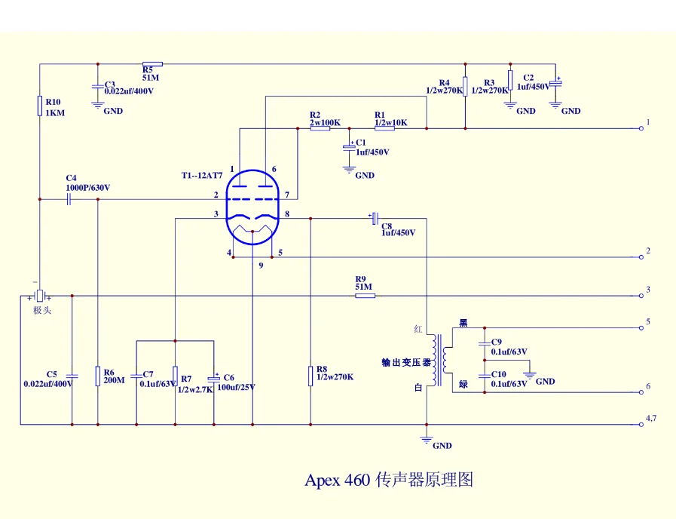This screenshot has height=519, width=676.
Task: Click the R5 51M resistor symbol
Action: pyautogui.click(x=152, y=64)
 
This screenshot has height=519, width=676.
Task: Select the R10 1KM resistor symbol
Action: pyautogui.click(x=39, y=105)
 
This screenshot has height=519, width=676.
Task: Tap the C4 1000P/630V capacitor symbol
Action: pyautogui.click(x=69, y=199)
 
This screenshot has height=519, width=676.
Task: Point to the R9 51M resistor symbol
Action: pyautogui.click(x=365, y=295)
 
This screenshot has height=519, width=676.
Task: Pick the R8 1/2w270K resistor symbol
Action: pyautogui.click(x=310, y=375)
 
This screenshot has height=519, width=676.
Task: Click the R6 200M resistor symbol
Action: pyautogui.click(x=98, y=376)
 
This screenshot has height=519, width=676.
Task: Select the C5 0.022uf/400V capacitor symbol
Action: pyautogui.click(x=72, y=375)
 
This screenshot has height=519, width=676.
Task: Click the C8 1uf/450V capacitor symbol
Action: pyautogui.click(x=374, y=218)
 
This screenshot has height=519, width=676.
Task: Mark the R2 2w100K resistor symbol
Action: pyautogui.click(x=320, y=128)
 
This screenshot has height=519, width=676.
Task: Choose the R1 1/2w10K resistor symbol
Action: pyautogui.click(x=384, y=128)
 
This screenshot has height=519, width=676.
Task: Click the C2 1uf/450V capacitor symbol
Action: pyautogui.click(x=555, y=81)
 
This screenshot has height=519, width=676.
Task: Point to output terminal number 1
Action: pyautogui.click(x=641, y=128)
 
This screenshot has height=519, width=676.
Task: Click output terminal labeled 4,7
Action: pyautogui.click(x=641, y=424)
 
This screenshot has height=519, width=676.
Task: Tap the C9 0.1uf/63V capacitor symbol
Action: pyautogui.click(x=484, y=342)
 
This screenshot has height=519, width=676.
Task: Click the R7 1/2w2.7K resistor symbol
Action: pyautogui.click(x=175, y=375)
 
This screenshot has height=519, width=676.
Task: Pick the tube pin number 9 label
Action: pyautogui.click(x=261, y=266)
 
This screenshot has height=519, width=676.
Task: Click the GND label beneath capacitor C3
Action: pyautogui.click(x=113, y=111)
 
